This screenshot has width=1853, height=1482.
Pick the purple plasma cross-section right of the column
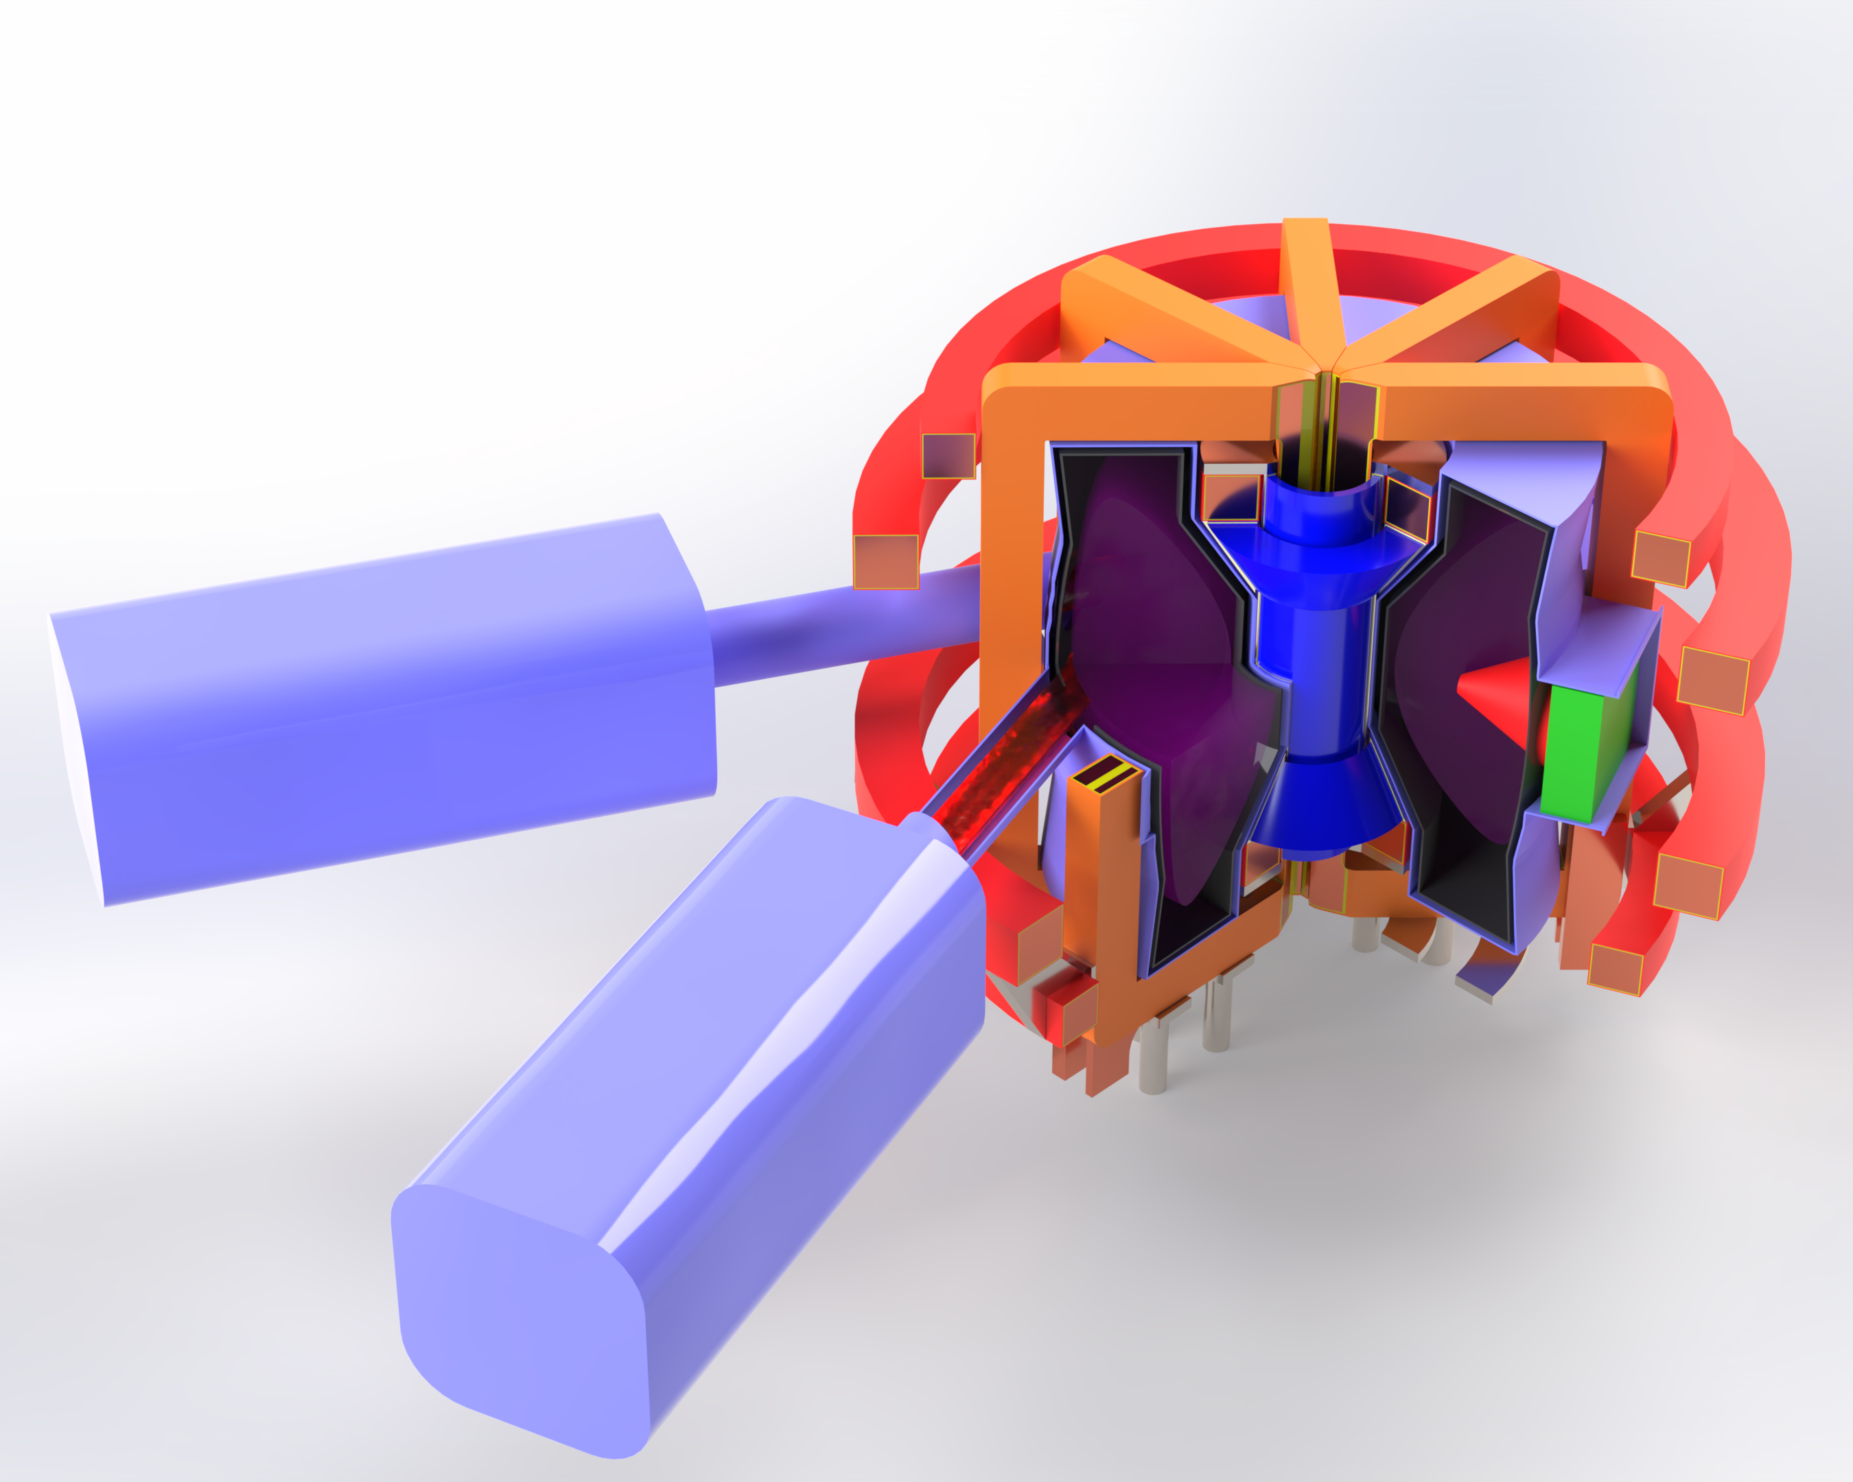[1452, 636]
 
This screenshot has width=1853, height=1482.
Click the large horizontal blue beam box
[387, 713]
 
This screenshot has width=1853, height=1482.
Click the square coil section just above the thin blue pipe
[885, 562]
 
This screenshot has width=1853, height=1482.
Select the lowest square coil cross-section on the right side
[1614, 969]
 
